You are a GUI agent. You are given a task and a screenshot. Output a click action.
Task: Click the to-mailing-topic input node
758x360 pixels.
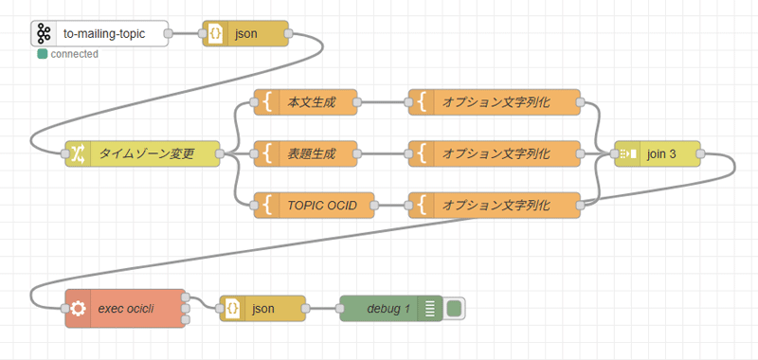(100, 33)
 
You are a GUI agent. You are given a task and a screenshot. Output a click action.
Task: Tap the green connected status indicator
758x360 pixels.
(42, 54)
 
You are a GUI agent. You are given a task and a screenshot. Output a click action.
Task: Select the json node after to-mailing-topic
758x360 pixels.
(245, 33)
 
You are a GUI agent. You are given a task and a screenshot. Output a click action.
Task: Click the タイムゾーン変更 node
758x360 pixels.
(143, 154)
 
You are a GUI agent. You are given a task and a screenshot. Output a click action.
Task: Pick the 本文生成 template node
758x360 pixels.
(305, 102)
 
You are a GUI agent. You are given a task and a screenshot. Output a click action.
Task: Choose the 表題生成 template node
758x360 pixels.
(305, 154)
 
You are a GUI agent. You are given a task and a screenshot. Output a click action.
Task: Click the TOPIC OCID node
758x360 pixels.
(315, 206)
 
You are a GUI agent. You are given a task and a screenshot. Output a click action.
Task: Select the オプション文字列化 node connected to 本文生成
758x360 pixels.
(494, 102)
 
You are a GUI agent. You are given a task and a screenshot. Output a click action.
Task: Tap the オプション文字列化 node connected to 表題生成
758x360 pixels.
(494, 154)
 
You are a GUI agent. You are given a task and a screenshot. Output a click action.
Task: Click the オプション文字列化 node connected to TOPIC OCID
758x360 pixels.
(494, 206)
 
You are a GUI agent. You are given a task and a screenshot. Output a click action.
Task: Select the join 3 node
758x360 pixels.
(658, 154)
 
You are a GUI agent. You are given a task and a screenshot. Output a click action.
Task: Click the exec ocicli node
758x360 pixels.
(125, 309)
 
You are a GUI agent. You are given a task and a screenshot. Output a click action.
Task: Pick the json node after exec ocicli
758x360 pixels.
(262, 309)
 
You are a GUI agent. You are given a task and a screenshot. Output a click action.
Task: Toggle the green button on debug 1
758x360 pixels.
(454, 309)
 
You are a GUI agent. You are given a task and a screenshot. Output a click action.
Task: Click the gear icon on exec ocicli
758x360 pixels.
(78, 309)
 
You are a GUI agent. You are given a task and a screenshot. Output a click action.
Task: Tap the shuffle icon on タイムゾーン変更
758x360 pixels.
(78, 154)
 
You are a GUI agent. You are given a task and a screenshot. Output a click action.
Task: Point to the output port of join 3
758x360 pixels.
(700, 154)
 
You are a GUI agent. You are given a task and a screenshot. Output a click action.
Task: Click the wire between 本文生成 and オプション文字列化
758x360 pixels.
(383, 102)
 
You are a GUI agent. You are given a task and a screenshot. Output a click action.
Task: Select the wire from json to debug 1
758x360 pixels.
(323, 309)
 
